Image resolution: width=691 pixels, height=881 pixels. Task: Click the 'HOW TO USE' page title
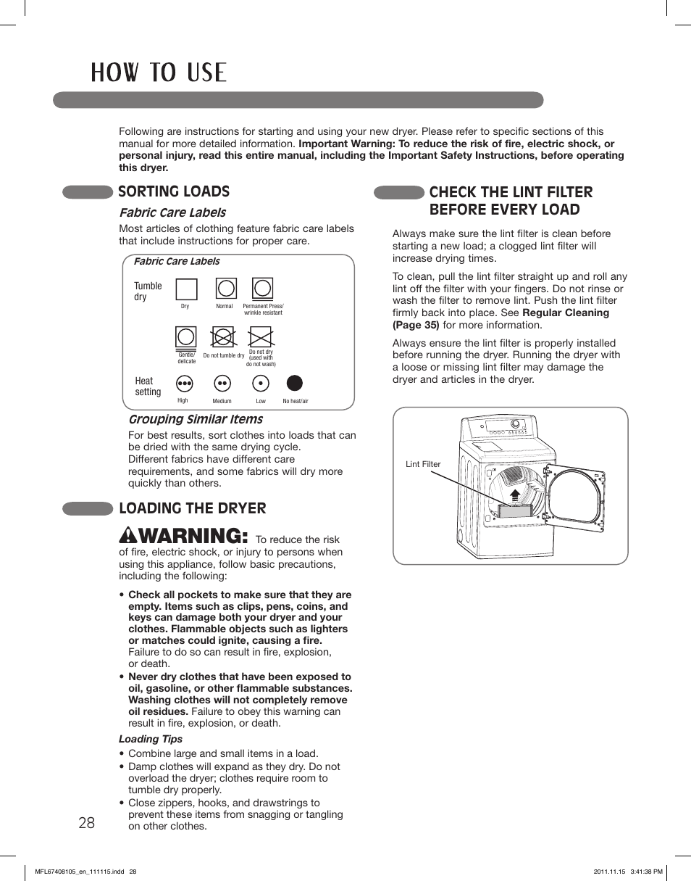(x=159, y=73)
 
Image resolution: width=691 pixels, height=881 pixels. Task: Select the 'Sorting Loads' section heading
(x=174, y=191)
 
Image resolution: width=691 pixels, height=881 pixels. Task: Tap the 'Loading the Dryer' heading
(x=192, y=508)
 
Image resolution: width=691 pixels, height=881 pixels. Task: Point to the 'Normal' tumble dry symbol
(x=226, y=289)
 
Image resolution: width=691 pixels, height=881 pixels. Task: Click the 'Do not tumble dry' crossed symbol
(x=223, y=337)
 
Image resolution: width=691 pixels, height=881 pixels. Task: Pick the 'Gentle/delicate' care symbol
(x=187, y=337)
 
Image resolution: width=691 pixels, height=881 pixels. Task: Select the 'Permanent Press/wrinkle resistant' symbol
(x=261, y=289)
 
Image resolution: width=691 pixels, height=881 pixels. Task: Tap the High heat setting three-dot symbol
(x=185, y=383)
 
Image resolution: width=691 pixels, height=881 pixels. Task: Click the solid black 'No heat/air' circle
(x=295, y=383)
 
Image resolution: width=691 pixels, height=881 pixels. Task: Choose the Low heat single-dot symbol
(x=261, y=383)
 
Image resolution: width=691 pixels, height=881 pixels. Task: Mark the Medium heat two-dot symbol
(x=222, y=383)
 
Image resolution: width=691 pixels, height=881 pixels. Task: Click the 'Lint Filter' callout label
(x=423, y=464)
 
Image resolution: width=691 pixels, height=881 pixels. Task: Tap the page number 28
(x=86, y=823)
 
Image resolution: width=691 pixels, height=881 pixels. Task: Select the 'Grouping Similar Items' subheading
(x=196, y=419)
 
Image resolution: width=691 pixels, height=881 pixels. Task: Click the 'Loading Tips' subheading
(x=151, y=739)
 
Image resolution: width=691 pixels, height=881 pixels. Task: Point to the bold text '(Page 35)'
(x=416, y=325)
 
